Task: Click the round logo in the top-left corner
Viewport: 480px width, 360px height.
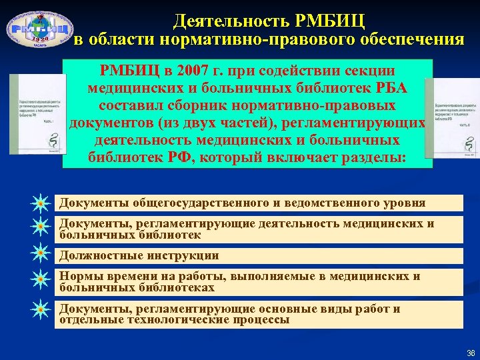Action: pyautogui.click(x=41, y=29)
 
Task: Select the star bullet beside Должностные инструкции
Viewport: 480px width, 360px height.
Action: pyautogui.click(x=41, y=254)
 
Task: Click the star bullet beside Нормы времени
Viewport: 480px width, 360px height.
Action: pyautogui.click(x=41, y=280)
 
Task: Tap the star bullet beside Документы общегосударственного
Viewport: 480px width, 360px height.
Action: pyautogui.click(x=41, y=202)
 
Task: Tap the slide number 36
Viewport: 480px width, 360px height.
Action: pyautogui.click(x=471, y=353)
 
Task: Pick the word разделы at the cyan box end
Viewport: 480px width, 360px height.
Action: pyautogui.click(x=376, y=158)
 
